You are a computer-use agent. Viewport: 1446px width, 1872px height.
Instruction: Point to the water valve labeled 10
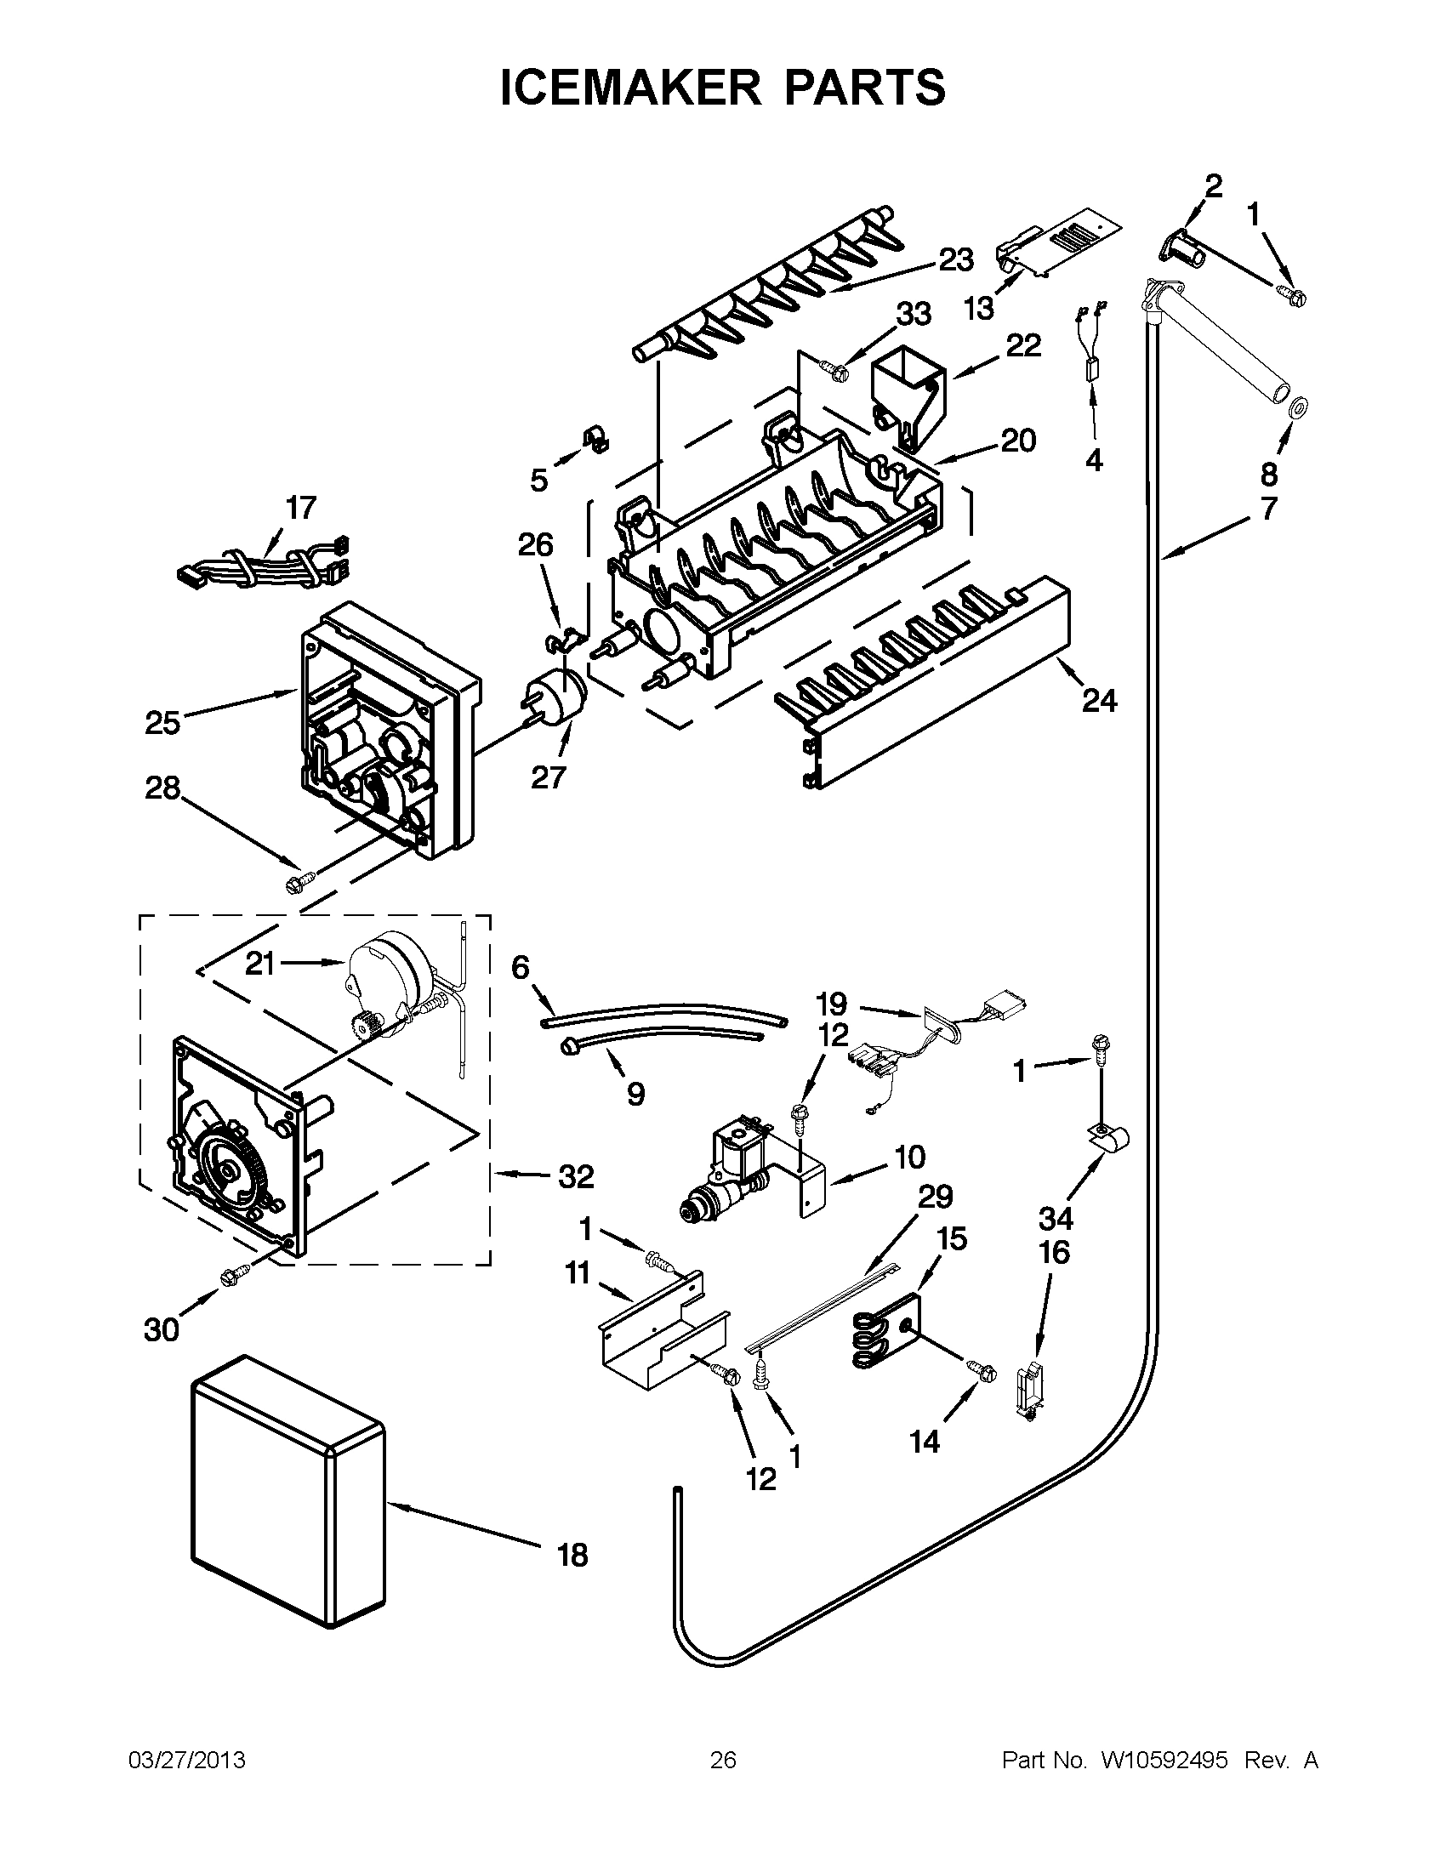pos(729,1166)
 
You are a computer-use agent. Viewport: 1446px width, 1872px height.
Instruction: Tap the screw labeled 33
pos(833,368)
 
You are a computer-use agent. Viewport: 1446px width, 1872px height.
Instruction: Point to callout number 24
pos(1099,700)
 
